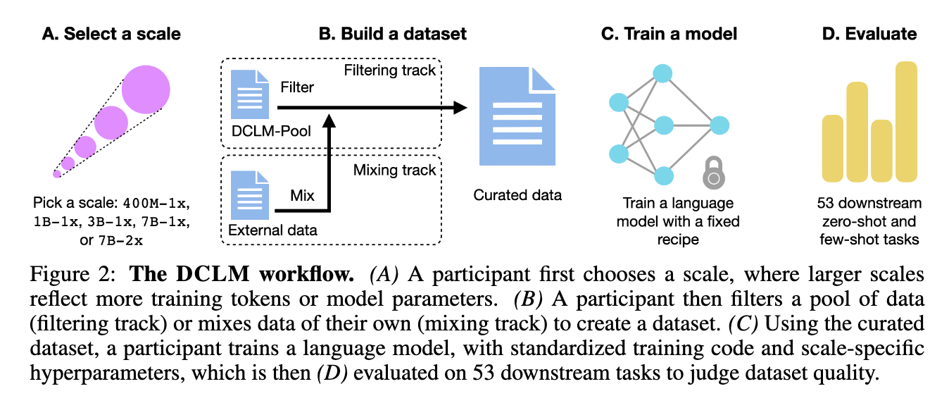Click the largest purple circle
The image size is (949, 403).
(x=146, y=90)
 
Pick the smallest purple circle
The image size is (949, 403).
(x=57, y=173)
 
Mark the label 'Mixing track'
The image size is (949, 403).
(x=394, y=170)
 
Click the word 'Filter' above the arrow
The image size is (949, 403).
(x=296, y=88)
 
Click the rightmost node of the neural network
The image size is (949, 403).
(x=719, y=126)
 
